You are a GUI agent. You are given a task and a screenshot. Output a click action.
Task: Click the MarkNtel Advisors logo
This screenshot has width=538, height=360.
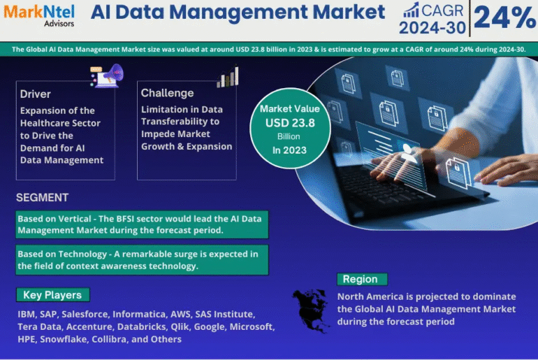click(x=39, y=15)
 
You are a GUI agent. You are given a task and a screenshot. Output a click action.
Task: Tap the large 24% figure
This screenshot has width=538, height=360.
click(x=504, y=17)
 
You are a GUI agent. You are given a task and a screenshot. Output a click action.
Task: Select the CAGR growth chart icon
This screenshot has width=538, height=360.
click(x=411, y=10)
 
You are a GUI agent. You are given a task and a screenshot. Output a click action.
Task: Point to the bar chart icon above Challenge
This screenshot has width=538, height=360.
click(x=228, y=76)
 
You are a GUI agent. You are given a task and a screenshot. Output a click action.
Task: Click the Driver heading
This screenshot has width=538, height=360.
click(x=36, y=94)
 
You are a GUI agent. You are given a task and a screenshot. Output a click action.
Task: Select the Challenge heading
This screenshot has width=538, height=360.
click(x=167, y=93)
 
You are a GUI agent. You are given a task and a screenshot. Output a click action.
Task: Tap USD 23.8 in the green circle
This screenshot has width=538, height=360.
click(x=290, y=123)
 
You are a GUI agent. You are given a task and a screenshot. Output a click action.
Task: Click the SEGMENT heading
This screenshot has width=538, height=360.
click(x=42, y=198)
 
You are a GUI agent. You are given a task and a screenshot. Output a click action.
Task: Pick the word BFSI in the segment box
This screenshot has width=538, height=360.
click(x=128, y=219)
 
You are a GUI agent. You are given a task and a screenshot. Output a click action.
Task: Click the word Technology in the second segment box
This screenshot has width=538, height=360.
click(x=82, y=254)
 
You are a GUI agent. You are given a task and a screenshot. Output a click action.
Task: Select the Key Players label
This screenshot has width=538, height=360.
click(x=53, y=295)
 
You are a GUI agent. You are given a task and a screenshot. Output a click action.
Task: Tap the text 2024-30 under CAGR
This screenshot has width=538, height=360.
click(x=432, y=27)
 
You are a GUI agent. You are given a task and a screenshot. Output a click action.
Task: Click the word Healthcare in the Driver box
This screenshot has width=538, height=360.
click(x=60, y=123)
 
